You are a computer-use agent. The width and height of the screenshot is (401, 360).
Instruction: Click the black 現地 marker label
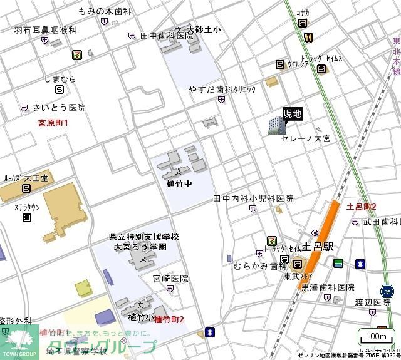[x=293, y=113]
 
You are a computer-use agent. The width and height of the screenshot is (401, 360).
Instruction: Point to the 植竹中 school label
[x=179, y=185]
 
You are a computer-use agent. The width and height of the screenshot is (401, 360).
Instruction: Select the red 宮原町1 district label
[x=53, y=123]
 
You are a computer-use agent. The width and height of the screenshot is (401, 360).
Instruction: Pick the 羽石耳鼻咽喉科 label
[x=45, y=29]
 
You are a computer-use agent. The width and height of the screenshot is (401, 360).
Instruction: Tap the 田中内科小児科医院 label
[x=253, y=198]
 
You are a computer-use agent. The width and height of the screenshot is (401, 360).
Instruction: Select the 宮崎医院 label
[x=170, y=279]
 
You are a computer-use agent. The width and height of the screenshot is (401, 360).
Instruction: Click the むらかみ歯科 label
[x=256, y=266]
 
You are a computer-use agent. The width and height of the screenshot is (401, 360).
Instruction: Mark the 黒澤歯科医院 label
[x=328, y=287]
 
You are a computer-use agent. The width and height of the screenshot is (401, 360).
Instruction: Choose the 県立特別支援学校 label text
[x=144, y=237]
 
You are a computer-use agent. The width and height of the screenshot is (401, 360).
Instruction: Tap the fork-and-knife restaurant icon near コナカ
[x=308, y=38]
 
